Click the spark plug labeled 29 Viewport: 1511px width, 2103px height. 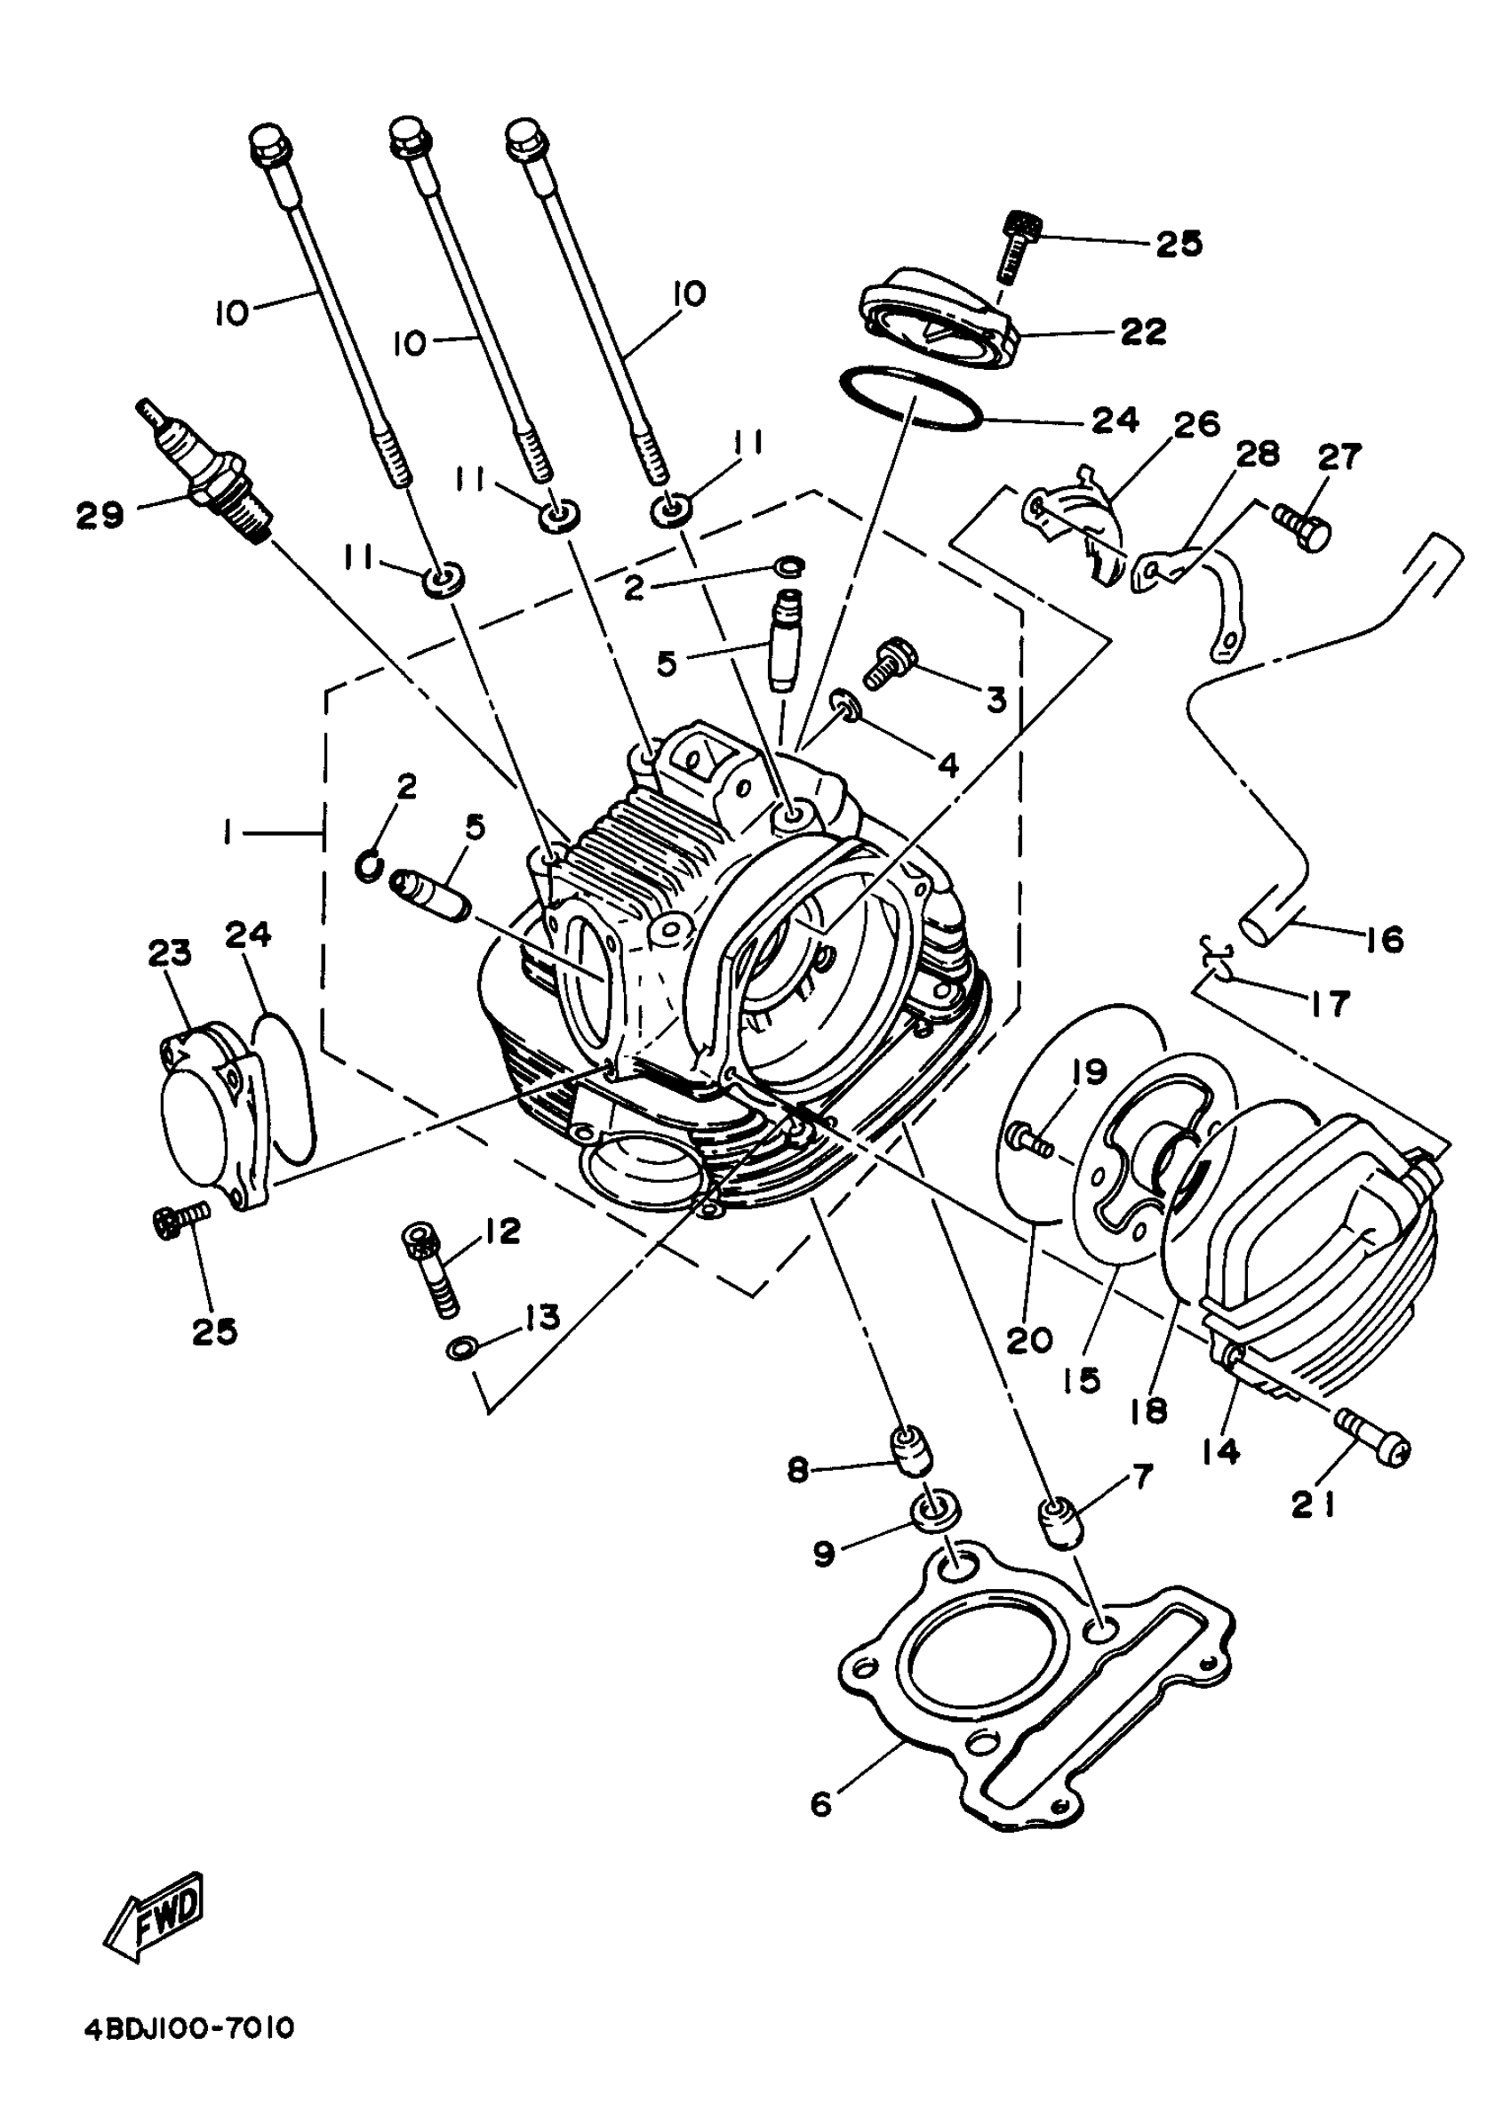coord(210,474)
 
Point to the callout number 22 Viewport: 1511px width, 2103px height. coord(1142,331)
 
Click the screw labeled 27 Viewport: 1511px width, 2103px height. coord(1301,525)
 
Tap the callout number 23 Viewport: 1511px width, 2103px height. coord(170,952)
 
